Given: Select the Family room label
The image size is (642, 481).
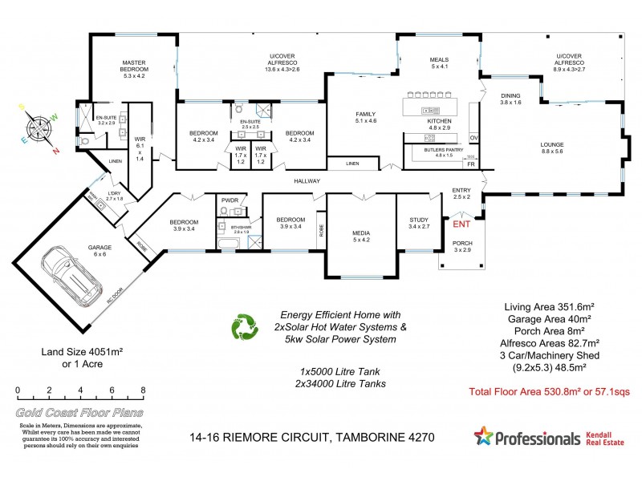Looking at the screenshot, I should (365, 119).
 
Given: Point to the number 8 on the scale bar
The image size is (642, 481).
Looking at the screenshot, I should (143, 391).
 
